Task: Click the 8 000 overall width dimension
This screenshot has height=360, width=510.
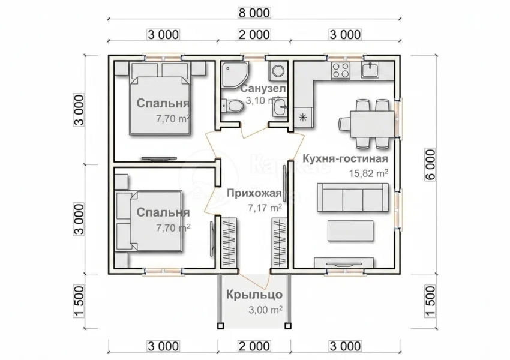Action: click(x=254, y=13)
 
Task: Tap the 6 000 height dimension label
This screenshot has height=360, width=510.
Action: click(x=430, y=165)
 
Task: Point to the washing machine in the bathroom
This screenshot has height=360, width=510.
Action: click(x=278, y=71)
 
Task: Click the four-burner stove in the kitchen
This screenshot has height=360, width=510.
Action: click(x=341, y=70)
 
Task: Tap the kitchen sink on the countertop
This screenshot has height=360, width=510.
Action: click(x=370, y=70)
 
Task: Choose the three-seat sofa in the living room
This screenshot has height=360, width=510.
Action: click(x=353, y=197)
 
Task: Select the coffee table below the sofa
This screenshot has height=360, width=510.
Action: click(x=350, y=230)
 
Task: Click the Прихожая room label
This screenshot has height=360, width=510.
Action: click(x=254, y=193)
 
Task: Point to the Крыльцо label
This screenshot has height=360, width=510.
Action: click(x=254, y=295)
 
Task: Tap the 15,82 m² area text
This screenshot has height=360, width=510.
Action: click(x=368, y=173)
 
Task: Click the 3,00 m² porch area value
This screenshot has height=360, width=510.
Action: click(x=265, y=310)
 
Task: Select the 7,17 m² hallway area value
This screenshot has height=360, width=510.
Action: click(x=265, y=208)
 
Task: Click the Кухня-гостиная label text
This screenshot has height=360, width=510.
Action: click(x=346, y=158)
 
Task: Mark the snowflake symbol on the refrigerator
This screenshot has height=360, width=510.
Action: click(x=303, y=118)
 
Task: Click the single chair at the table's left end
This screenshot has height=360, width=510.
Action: click(x=344, y=124)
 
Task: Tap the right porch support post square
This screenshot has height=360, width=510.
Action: click(x=287, y=326)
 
